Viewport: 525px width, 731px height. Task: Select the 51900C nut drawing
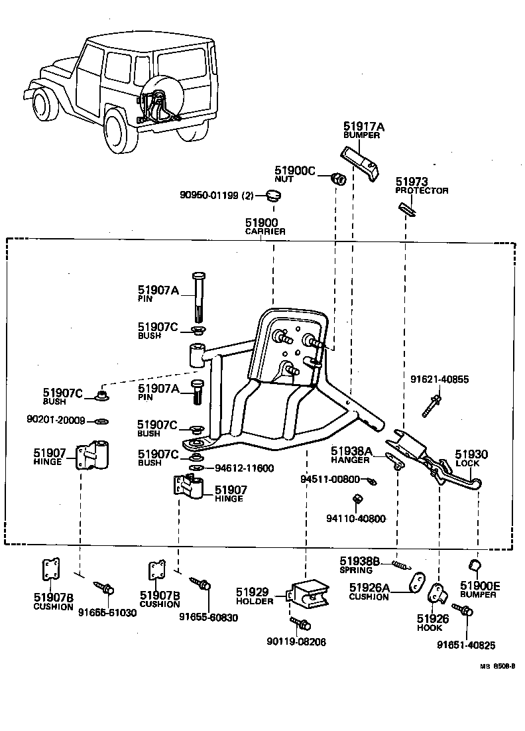[339, 178]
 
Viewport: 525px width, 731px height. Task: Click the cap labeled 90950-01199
[272, 195]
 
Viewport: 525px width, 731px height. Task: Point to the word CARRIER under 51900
[265, 232]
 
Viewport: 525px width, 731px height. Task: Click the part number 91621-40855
[439, 379]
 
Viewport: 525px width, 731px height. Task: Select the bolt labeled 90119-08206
[301, 623]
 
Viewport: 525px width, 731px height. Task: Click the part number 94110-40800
[356, 519]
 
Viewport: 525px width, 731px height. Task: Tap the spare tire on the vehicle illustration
[154, 97]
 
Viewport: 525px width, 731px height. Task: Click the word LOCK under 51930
[467, 463]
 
